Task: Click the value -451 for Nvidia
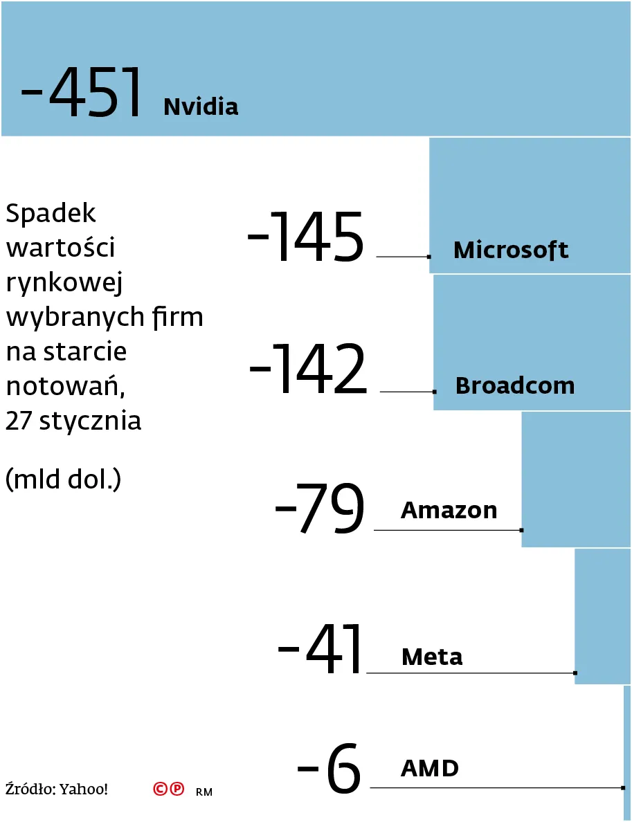coord(82,93)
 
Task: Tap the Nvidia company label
coord(201,107)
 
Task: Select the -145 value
coord(305,237)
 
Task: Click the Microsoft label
coord(511,250)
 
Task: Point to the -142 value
coord(307,370)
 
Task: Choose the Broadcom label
coord(515,385)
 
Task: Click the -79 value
coord(319,509)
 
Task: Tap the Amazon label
coord(449,511)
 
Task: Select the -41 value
coord(320,649)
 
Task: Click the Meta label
coord(432,657)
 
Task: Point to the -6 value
coord(329,768)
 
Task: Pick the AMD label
coord(429,768)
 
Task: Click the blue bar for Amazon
coord(576,479)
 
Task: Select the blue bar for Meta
coord(602,616)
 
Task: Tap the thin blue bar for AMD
coord(627,752)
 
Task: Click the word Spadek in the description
coord(51,214)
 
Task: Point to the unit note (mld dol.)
coord(63,479)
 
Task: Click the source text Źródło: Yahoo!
coord(57,789)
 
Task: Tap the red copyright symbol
coord(161,789)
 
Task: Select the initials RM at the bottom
coord(204,792)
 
